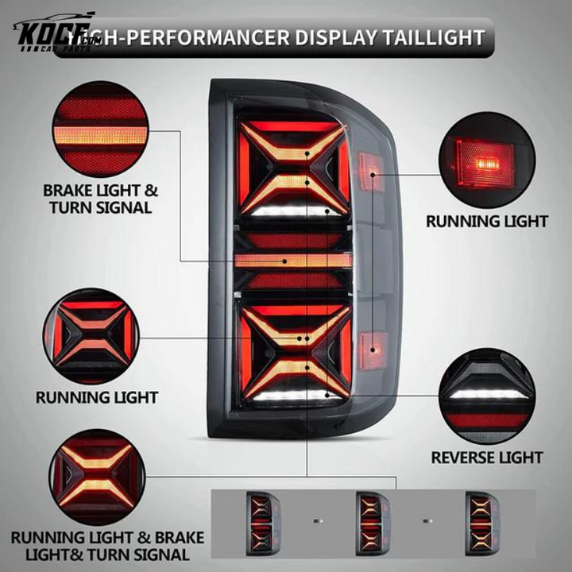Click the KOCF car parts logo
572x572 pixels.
click(x=52, y=33)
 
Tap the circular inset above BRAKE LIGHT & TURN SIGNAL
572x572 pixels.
click(x=99, y=129)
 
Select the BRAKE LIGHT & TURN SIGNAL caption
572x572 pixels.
click(x=99, y=199)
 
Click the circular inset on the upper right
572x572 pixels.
click(x=486, y=164)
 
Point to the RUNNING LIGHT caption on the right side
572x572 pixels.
click(x=486, y=221)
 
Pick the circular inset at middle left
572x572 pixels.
click(x=97, y=336)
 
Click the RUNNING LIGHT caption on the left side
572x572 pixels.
click(x=97, y=396)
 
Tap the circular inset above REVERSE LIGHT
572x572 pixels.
click(x=486, y=396)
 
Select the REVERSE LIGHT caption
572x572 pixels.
click(x=486, y=457)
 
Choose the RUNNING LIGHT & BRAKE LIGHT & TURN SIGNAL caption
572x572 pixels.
click(x=107, y=546)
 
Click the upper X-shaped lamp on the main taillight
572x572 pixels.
click(x=294, y=167)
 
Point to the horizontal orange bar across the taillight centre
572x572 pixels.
click(x=294, y=260)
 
